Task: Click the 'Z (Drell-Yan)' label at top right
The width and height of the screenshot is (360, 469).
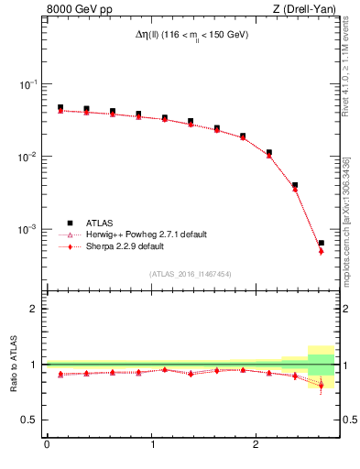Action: click(302, 10)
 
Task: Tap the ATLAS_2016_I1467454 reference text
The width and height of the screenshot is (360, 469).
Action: click(191, 273)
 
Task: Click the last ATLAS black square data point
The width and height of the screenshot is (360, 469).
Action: click(321, 243)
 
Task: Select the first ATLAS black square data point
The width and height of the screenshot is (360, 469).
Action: click(60, 107)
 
